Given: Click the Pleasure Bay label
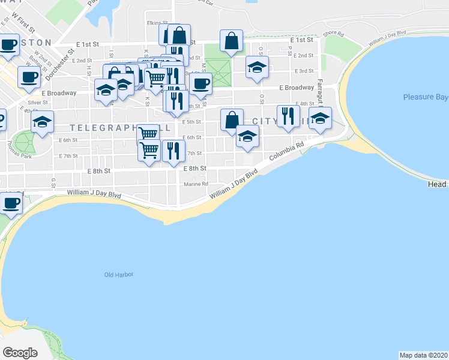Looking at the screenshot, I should tap(426, 97).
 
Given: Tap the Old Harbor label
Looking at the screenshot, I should tap(118, 275).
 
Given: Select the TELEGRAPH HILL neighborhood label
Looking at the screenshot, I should tap(120, 128).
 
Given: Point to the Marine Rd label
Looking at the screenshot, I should tap(196, 184).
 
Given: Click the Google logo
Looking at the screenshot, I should tap(20, 352).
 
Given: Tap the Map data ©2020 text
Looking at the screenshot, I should tap(423, 355).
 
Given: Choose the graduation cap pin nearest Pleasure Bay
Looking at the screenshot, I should tap(320, 118).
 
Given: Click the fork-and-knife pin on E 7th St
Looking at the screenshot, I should tap(173, 151).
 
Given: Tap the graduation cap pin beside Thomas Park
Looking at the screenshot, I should tap(43, 122).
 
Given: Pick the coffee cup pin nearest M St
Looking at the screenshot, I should tap(201, 84).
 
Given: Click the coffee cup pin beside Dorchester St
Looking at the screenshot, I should tap(29, 77).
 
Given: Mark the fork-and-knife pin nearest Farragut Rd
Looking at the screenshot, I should tap(288, 116).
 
